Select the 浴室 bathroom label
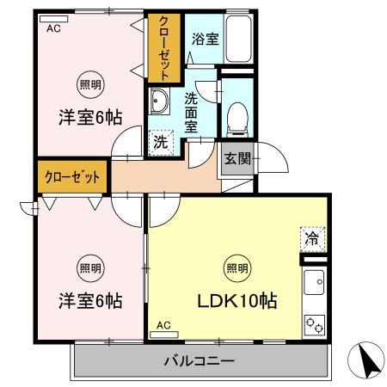[203, 39]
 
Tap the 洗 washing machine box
[161, 143]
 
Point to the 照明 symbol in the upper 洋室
[89, 84]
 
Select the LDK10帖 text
[238, 302]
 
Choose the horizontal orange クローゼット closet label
[72, 176]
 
